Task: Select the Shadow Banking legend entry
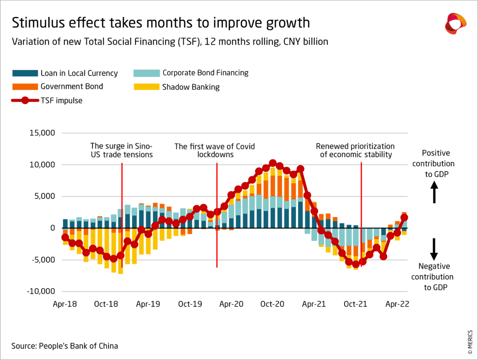(x=190, y=87)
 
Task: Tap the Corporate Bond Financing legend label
(x=205, y=73)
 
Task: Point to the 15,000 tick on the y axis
(x=42, y=133)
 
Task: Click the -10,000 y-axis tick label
(x=41, y=291)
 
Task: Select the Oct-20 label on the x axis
(x=273, y=304)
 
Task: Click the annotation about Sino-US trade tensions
(x=121, y=150)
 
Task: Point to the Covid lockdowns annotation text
(x=215, y=150)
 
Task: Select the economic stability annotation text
(x=356, y=150)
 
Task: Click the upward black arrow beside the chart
(x=434, y=192)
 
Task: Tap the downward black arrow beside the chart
(x=434, y=249)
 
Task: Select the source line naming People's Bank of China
(x=65, y=346)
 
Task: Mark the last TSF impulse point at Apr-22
(x=404, y=217)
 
